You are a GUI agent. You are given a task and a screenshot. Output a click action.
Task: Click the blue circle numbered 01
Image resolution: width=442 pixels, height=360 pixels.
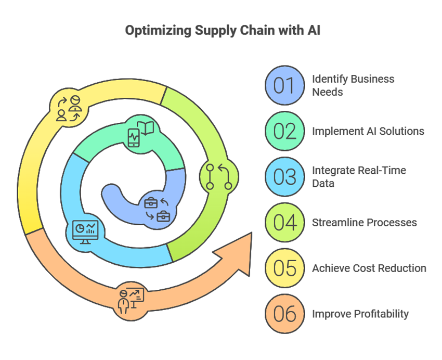pos(284,85)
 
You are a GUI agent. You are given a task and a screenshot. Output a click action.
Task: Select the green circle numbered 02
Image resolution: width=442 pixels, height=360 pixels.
pos(284,131)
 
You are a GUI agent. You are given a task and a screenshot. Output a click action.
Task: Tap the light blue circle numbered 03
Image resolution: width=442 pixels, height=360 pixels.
pos(284,177)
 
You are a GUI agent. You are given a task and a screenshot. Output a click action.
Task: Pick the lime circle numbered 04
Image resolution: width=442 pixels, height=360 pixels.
pos(284,223)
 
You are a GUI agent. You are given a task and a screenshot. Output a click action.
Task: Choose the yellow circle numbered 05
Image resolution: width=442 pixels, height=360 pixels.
pos(284,268)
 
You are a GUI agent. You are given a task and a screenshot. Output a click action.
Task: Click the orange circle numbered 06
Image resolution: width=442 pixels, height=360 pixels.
pos(284,314)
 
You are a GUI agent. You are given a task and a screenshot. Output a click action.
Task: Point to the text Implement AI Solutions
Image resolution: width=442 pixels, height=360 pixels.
pos(368,131)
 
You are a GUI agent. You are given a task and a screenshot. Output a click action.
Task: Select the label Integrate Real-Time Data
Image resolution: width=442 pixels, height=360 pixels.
pos(359,177)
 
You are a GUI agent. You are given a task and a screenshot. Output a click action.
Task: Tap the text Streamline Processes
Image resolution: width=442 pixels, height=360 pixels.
pos(364,223)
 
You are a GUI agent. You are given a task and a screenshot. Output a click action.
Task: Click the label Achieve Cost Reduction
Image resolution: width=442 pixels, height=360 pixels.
pos(369,268)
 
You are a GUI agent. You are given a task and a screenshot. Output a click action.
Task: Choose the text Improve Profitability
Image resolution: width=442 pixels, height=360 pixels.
pos(360,314)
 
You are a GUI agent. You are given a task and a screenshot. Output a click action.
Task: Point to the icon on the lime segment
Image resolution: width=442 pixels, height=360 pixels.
pos(219,176)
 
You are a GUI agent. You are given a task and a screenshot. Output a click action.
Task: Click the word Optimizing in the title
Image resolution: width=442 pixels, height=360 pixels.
pos(156,31)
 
